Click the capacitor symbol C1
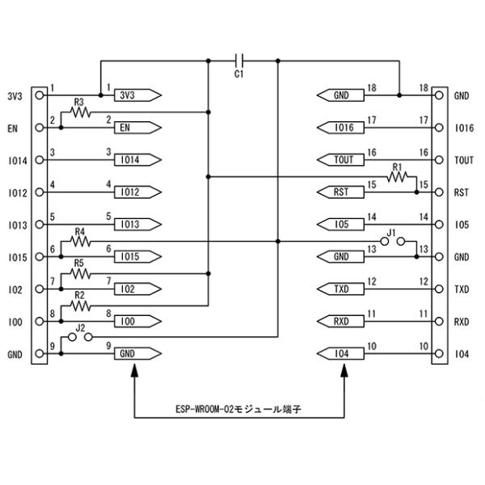239,61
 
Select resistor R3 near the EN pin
80,112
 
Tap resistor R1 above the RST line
397,176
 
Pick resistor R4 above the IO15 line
80,241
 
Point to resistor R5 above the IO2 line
80,273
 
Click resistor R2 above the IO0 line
80,306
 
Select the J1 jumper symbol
393,241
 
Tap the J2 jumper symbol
80,337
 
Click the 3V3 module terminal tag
137,95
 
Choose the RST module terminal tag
340,192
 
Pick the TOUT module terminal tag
340,160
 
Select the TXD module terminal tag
340,289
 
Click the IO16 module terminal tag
340,128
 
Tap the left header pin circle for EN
40,128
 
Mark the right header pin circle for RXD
439,322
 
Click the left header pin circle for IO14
40,160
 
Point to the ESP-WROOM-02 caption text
238,409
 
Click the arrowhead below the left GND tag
134,370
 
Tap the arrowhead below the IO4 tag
344,370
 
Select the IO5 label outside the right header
462,225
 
